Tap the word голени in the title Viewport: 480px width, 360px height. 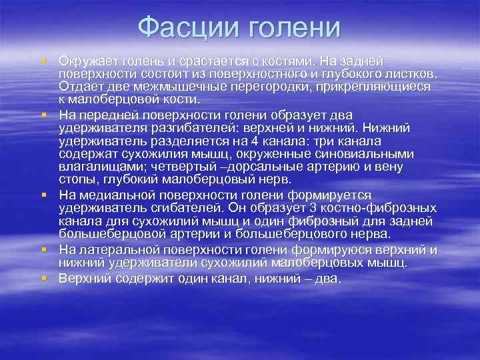point(294,29)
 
